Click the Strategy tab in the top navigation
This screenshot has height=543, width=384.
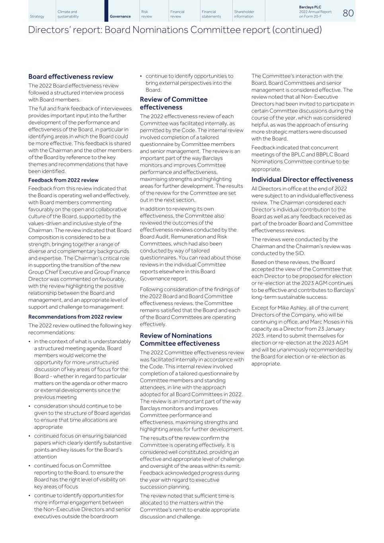click(37, 16)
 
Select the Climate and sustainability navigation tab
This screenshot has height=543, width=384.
click(68, 14)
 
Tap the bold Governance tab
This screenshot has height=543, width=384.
click(120, 16)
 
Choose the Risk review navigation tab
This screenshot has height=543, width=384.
click(146, 14)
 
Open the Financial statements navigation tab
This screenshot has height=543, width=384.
click(211, 14)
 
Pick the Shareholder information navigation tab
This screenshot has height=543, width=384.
click(244, 14)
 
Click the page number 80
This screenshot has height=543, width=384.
click(348, 13)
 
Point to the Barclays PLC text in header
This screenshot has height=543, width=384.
click(310, 7)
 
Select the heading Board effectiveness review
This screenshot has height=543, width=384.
click(70, 76)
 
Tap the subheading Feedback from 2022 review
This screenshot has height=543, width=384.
click(63, 180)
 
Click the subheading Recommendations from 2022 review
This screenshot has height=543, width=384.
click(75, 317)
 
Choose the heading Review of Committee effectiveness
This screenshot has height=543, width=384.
click(173, 103)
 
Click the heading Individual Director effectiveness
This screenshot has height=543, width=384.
click(302, 179)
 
